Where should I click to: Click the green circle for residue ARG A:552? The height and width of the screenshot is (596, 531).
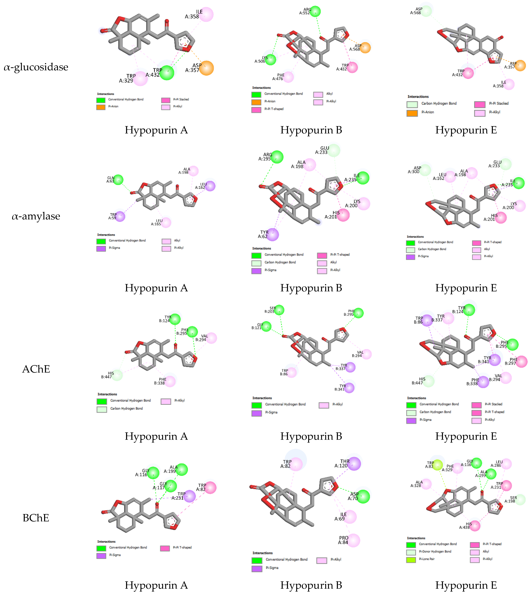pyautogui.click(x=315, y=11)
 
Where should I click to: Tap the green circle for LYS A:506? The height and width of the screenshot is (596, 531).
pyautogui.click(x=270, y=59)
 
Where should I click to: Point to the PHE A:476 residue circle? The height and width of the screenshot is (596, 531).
pyautogui.click(x=288, y=77)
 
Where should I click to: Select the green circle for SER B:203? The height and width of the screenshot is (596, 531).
pyautogui.click(x=279, y=310)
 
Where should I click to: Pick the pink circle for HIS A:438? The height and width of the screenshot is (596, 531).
pyautogui.click(x=475, y=526)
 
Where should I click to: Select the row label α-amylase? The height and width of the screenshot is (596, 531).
pyautogui.click(x=36, y=216)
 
